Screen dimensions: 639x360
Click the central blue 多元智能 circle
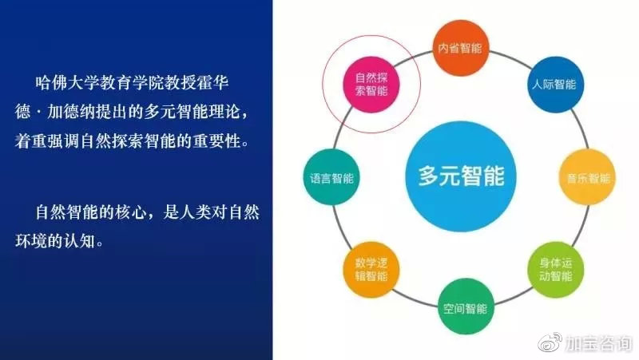(461, 176)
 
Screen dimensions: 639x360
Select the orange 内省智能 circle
(461, 48)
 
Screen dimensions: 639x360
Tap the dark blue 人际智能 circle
(555, 85)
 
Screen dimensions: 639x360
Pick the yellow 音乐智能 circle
(587, 177)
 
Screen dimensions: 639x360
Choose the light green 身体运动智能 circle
(555, 270)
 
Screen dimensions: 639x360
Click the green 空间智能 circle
(466, 307)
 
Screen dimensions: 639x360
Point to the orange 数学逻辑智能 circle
(371, 270)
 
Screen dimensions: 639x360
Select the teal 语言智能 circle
(331, 177)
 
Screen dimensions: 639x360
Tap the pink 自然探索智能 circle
(371, 85)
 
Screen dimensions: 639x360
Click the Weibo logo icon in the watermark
(550, 342)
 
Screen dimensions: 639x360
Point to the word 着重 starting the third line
(31, 141)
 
